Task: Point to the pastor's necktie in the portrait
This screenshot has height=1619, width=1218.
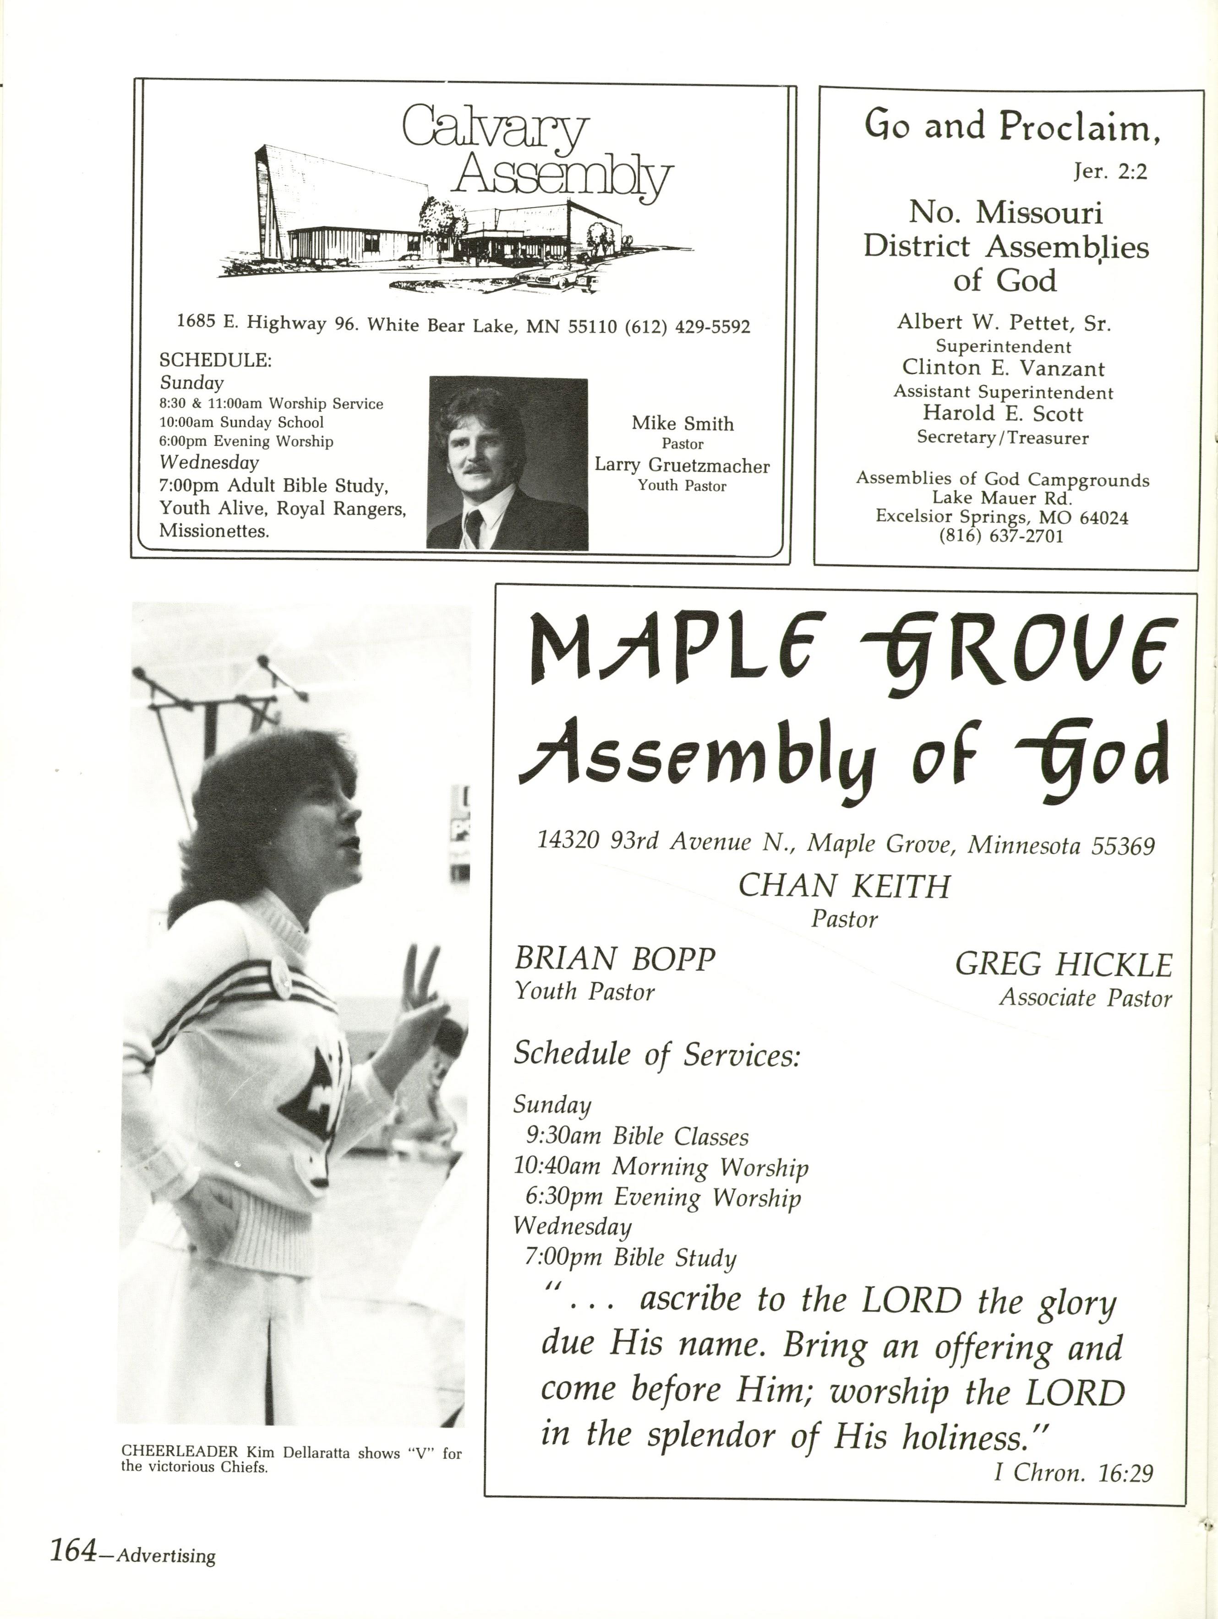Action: pyautogui.click(x=474, y=526)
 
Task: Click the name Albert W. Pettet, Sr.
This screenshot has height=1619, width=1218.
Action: pyautogui.click(x=1004, y=322)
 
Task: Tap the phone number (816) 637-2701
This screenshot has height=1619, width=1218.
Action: pyautogui.click(x=1000, y=536)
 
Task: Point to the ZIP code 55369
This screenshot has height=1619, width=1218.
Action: pyautogui.click(x=1123, y=845)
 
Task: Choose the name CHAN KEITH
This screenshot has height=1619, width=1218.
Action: pyautogui.click(x=844, y=886)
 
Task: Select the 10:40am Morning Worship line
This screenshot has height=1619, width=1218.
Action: pyautogui.click(x=661, y=1166)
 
